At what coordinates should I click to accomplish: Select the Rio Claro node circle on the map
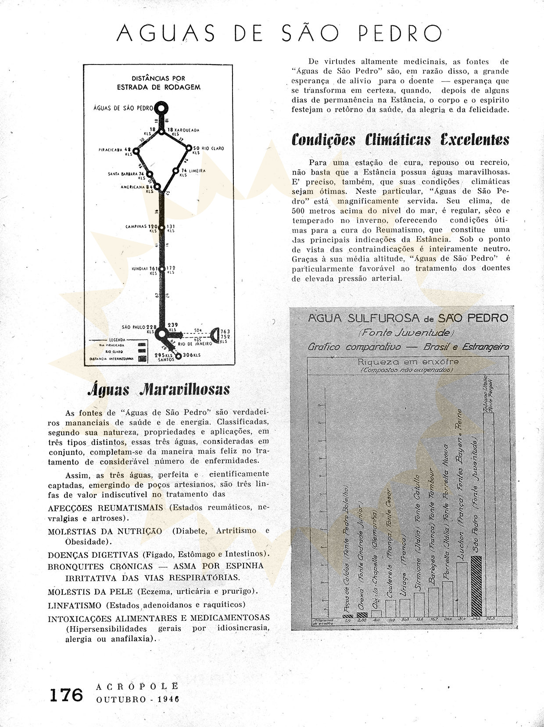pos(190,148)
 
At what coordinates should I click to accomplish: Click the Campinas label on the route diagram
pos(136,227)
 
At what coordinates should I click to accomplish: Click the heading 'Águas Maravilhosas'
pos(159,390)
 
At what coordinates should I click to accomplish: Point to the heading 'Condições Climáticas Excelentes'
pos(400,140)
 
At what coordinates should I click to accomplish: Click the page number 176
pos(65,695)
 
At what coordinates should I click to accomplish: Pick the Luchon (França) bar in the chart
pos(462,588)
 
